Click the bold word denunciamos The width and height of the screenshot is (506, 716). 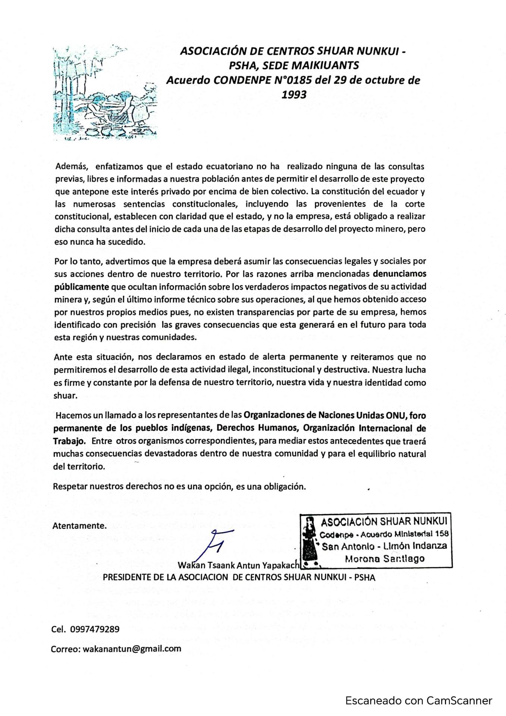[x=399, y=274]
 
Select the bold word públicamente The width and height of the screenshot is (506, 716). [x=82, y=287]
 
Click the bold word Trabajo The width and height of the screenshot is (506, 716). [x=69, y=441]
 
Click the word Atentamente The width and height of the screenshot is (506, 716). [x=79, y=526]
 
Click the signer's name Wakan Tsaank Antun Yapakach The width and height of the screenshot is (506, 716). [x=238, y=565]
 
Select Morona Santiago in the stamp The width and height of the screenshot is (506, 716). [x=384, y=559]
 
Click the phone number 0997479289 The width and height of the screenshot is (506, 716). [x=95, y=629]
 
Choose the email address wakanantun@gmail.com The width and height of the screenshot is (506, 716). [x=132, y=649]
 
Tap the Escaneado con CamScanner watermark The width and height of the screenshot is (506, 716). [x=418, y=700]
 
